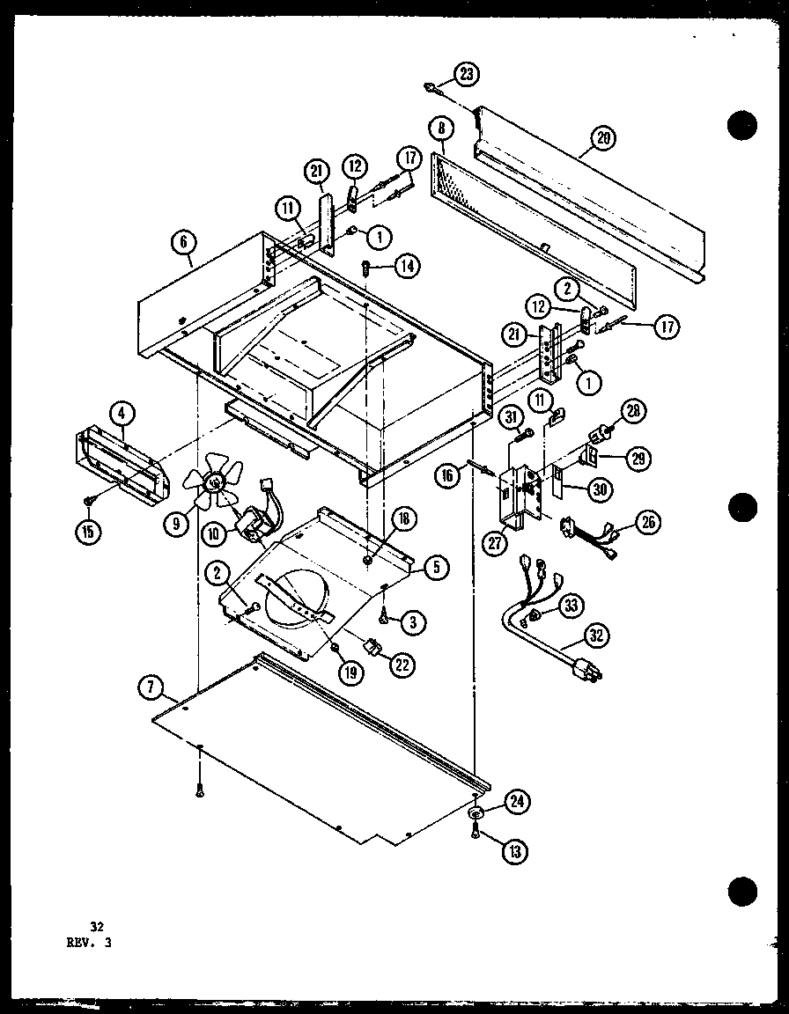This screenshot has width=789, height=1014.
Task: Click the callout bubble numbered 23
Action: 467,74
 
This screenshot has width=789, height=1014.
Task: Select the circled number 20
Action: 604,137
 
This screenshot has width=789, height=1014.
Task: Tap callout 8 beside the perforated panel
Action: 440,130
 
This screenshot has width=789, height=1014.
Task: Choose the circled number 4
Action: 122,411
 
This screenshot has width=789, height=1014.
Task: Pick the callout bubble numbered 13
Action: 515,850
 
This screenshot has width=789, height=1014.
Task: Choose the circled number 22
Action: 402,665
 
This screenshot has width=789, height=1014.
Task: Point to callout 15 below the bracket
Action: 90,533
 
